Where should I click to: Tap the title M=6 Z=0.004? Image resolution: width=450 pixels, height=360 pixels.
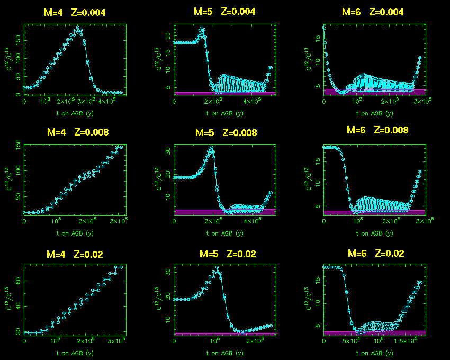373,12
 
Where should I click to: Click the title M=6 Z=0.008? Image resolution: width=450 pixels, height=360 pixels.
377,130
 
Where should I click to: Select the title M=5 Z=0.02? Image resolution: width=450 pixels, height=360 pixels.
228,254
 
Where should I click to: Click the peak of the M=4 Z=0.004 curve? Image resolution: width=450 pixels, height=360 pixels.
78,28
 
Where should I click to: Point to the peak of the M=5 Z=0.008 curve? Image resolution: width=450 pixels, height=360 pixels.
211,147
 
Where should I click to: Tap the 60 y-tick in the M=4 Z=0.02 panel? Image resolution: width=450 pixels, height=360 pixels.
19,282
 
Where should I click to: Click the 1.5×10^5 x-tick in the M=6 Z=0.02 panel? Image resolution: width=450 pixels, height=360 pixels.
410,341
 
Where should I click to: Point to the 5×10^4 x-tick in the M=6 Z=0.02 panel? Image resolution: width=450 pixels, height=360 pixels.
352,341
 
